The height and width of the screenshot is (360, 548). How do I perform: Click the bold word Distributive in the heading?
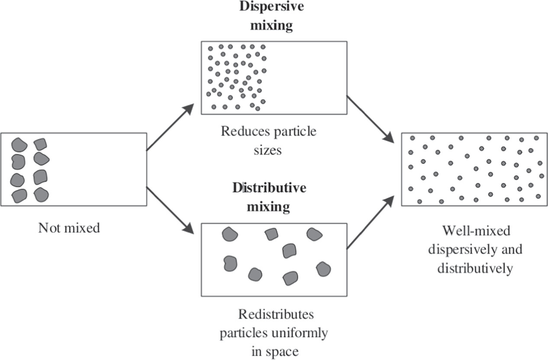[x=269, y=188]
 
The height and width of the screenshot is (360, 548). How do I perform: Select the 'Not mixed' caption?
[x=69, y=228]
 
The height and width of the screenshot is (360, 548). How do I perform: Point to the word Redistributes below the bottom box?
[x=273, y=314]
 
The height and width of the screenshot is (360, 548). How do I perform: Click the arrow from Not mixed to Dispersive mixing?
[x=170, y=127]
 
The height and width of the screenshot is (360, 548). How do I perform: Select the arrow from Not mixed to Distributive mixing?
[x=170, y=210]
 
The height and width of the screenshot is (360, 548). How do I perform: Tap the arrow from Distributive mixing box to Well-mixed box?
[x=370, y=223]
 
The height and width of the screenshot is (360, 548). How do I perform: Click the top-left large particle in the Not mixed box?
[x=19, y=144]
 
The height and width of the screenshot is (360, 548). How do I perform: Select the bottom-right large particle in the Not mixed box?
[x=41, y=195]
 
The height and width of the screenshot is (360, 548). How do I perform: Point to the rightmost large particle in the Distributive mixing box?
[x=323, y=269]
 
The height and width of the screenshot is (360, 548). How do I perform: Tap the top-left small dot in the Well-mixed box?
[x=413, y=138]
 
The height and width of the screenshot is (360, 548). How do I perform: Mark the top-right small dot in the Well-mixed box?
[x=536, y=138]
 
